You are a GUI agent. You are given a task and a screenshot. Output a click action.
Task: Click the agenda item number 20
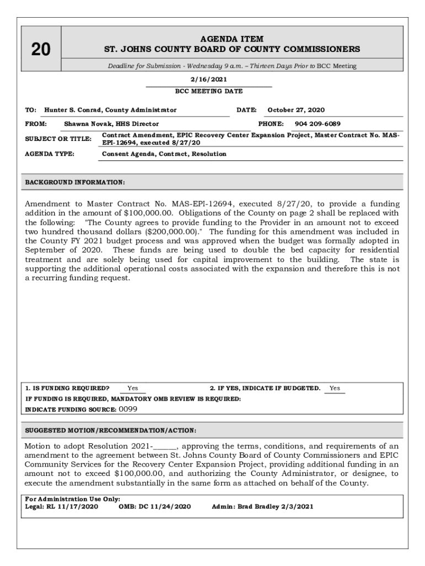[40, 50]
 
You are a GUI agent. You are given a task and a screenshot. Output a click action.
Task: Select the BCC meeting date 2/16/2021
[209, 80]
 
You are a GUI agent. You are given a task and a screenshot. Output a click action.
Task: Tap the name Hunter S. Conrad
[73, 110]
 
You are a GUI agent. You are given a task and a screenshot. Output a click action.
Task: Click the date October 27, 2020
[296, 110]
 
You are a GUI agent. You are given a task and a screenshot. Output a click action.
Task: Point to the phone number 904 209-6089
[317, 124]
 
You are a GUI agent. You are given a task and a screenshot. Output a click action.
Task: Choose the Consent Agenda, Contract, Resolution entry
[164, 154]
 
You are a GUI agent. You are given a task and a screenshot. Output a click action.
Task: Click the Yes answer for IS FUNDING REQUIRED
[132, 389]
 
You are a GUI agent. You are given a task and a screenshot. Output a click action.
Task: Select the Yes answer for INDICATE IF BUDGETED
[334, 389]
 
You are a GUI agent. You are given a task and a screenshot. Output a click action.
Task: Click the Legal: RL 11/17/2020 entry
[62, 506]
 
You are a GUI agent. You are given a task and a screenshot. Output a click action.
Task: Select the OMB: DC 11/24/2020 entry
[155, 506]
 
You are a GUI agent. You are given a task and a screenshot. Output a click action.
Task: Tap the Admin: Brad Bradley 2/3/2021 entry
[263, 506]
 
